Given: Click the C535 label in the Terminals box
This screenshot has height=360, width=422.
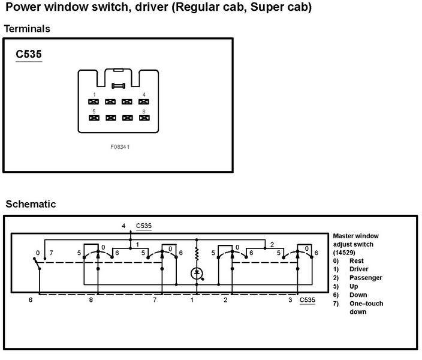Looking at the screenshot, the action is tap(29, 54).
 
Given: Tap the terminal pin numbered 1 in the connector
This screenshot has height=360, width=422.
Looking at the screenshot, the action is tap(94, 101).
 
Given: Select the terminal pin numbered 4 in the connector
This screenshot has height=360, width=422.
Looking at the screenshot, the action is tap(143, 101).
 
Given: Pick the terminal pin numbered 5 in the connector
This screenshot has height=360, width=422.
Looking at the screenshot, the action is tap(94, 118).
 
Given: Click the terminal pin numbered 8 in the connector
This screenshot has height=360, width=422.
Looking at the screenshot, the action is tap(144, 118).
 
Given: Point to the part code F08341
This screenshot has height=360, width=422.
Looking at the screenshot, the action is tap(120, 147).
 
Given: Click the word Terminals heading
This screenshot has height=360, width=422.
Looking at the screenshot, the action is tap(27, 29).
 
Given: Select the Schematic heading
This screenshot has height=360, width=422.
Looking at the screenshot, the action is tap(31, 204).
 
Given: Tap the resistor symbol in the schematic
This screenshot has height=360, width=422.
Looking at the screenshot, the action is tap(197, 254).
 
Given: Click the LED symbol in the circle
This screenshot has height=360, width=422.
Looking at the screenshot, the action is tap(197, 274).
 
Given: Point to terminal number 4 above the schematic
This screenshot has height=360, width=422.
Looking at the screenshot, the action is tap(123, 226).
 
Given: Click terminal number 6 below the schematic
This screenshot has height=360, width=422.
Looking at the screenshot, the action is tap(31, 299).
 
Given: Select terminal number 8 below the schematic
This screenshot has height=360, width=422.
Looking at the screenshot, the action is tap(91, 299).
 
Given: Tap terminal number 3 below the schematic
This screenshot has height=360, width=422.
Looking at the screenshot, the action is tap(290, 299).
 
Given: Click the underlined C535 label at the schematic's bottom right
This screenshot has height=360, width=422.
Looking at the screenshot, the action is tap(308, 300).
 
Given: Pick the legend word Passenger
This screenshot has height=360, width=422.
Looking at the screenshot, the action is tap(366, 278).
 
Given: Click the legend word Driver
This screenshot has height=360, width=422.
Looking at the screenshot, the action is tap(359, 269).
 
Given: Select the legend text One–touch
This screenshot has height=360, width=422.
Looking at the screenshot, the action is tap(366, 304).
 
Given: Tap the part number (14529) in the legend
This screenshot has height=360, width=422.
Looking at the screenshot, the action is tap(344, 253).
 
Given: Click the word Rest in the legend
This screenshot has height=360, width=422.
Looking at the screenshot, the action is tap(356, 260).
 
